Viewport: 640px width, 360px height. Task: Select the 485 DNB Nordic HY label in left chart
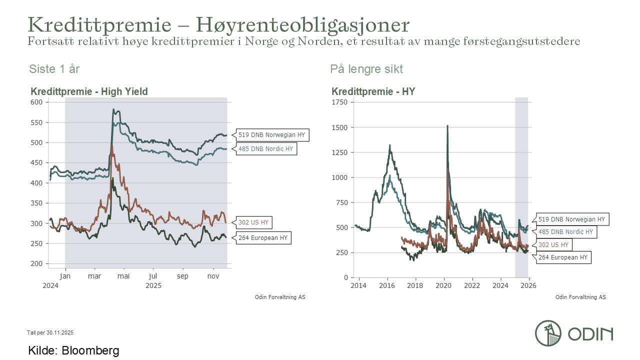click(x=266, y=149)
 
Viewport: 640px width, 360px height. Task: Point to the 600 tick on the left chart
click(x=38, y=102)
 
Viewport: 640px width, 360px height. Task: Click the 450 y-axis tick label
click(x=38, y=162)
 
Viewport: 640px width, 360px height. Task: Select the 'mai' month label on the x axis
click(x=123, y=276)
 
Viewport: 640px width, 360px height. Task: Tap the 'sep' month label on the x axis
click(x=183, y=276)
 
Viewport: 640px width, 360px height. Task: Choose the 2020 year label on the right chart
click(x=444, y=285)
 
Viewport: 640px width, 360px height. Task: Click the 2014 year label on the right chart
click(x=358, y=285)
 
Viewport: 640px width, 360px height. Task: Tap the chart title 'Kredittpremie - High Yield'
click(x=89, y=91)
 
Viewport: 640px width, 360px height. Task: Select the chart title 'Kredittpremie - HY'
click(x=373, y=91)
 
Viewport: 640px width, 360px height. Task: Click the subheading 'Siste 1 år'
click(x=54, y=69)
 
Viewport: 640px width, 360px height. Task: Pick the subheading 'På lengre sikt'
click(x=366, y=69)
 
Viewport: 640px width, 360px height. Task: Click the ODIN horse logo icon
click(x=548, y=333)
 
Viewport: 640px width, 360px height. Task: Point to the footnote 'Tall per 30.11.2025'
click(x=50, y=332)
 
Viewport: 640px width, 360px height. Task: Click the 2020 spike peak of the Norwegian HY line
click(x=447, y=126)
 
